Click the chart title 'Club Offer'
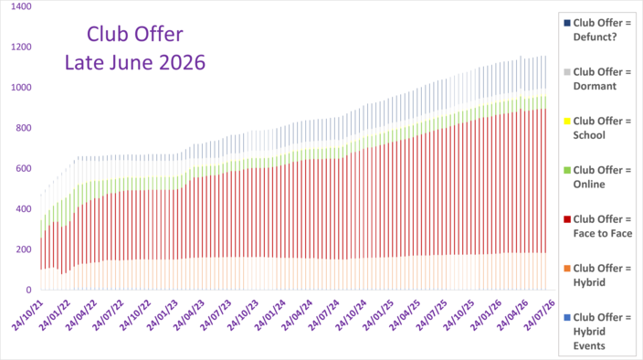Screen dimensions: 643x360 [x=135, y=34]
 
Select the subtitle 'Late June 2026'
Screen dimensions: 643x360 [x=135, y=62]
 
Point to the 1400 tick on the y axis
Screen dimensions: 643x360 [x=21, y=6]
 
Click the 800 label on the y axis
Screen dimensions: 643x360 [x=24, y=128]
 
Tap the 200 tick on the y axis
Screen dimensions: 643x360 [x=24, y=249]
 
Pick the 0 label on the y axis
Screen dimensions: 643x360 [x=28, y=290]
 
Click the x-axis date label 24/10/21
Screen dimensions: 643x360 [x=28, y=315]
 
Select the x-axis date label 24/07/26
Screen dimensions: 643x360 [x=540, y=315]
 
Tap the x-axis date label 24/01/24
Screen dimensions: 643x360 [x=269, y=315]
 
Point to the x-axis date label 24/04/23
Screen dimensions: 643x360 [x=189, y=315]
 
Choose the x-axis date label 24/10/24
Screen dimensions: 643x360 [x=351, y=315]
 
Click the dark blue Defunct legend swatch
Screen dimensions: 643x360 [x=567, y=24]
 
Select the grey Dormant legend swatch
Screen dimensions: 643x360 [x=567, y=72]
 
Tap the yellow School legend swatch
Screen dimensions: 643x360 [x=567, y=122]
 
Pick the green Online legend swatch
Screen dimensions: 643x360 [x=567, y=170]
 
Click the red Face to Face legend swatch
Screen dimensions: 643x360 [x=567, y=219]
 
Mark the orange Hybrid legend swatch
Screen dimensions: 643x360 [x=567, y=269]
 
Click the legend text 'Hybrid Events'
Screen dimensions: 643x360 [x=589, y=339]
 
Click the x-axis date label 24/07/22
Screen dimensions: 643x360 [x=108, y=315]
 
